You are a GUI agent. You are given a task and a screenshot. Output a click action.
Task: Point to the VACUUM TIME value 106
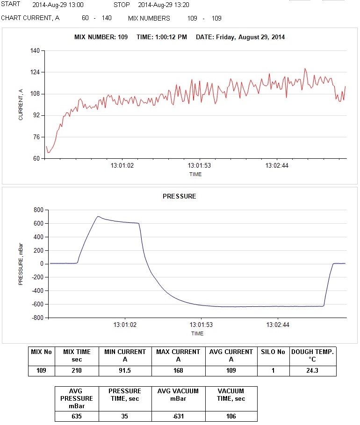(x=231, y=416)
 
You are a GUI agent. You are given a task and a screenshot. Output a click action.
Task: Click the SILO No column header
(x=273, y=352)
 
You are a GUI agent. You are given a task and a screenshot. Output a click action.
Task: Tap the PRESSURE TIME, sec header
(x=125, y=395)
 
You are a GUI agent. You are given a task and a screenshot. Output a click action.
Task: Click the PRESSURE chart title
(x=179, y=197)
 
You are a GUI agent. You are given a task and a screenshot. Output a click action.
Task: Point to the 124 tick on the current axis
(x=35, y=72)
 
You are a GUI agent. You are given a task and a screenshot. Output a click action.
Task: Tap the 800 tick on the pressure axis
(x=37, y=210)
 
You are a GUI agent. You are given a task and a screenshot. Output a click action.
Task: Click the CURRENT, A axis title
(x=21, y=104)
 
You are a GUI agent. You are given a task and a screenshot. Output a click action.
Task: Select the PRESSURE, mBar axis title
(x=21, y=264)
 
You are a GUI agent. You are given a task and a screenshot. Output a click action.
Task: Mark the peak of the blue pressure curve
(x=98, y=216)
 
